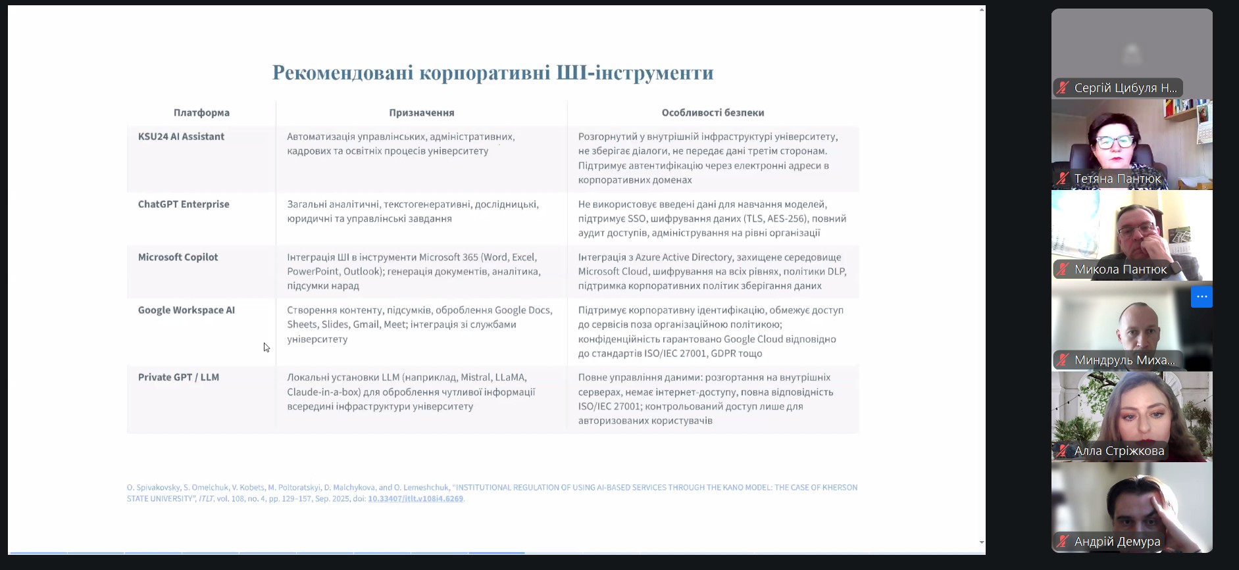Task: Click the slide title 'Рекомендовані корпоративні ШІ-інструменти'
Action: tap(493, 72)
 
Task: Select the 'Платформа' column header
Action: tap(201, 112)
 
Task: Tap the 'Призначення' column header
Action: tap(421, 112)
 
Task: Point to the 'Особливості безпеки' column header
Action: tap(713, 112)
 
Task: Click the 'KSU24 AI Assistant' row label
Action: tap(181, 137)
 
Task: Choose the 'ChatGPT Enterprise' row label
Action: tap(184, 204)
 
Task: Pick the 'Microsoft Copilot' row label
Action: tap(178, 257)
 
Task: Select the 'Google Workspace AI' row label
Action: tap(186, 310)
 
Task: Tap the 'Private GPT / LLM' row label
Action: tap(178, 377)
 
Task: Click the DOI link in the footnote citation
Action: tap(415, 499)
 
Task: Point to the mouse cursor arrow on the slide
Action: tap(266, 347)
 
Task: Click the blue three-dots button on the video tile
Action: tap(1201, 297)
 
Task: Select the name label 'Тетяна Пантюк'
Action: tap(1117, 179)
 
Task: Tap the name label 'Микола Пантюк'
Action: tap(1120, 270)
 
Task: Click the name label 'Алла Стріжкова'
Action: tap(1119, 451)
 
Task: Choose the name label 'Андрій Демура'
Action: tap(1117, 542)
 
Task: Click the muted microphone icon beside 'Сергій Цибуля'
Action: tap(1063, 88)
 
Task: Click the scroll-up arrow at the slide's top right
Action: tap(982, 10)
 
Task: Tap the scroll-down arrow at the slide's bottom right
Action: tap(982, 542)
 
